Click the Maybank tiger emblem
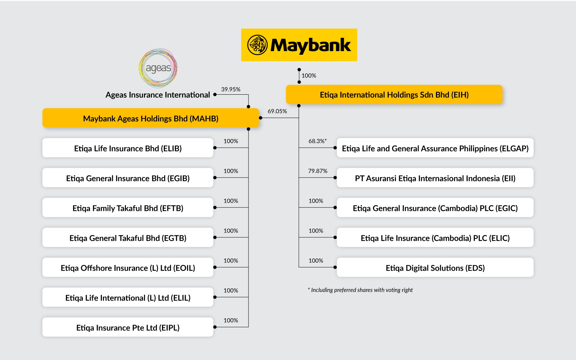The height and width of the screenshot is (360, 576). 257,45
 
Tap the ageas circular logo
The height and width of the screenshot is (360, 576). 158,68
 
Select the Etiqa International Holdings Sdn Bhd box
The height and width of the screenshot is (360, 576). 394,95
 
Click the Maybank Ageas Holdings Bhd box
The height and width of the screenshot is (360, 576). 150,118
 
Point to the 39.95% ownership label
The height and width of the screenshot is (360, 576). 231,89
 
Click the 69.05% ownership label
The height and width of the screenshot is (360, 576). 277,111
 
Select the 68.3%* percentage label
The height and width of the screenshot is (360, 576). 317,141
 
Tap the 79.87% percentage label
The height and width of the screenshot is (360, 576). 318,171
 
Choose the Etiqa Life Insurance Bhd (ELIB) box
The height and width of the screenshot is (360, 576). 128,148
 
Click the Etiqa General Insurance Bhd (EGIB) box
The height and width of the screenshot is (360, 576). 128,178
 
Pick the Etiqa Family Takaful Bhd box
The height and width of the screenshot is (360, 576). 128,208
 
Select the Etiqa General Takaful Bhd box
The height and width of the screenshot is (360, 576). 128,238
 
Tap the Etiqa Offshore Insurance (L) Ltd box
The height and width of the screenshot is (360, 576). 128,268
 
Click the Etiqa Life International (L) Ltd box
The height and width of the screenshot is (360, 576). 128,298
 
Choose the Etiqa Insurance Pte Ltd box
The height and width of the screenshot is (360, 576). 128,328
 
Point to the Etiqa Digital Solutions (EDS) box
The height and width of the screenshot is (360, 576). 435,268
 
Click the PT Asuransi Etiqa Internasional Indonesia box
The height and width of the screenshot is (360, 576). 435,178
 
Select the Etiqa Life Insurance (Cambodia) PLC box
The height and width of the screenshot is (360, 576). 435,238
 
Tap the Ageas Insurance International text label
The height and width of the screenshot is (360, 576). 158,95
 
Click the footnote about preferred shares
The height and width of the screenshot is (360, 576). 360,290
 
